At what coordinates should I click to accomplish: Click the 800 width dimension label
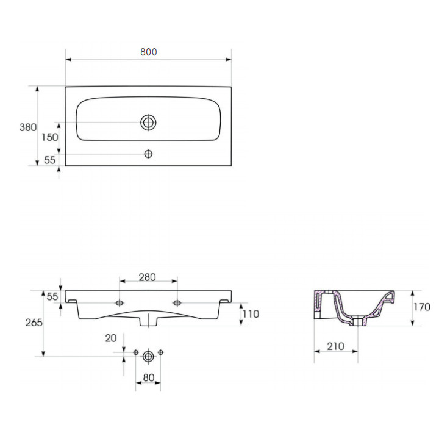[148, 52]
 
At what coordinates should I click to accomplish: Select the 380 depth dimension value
[28, 127]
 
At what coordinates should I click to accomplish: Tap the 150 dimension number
[50, 137]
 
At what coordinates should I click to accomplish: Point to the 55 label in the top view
[50, 160]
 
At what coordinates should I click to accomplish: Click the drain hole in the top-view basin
[148, 123]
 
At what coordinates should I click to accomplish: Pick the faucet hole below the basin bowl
[148, 154]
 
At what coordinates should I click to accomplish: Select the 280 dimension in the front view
[148, 277]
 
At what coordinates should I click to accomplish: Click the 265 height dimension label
[34, 323]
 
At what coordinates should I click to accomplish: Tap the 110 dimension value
[251, 314]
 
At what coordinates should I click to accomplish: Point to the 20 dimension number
[111, 338]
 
